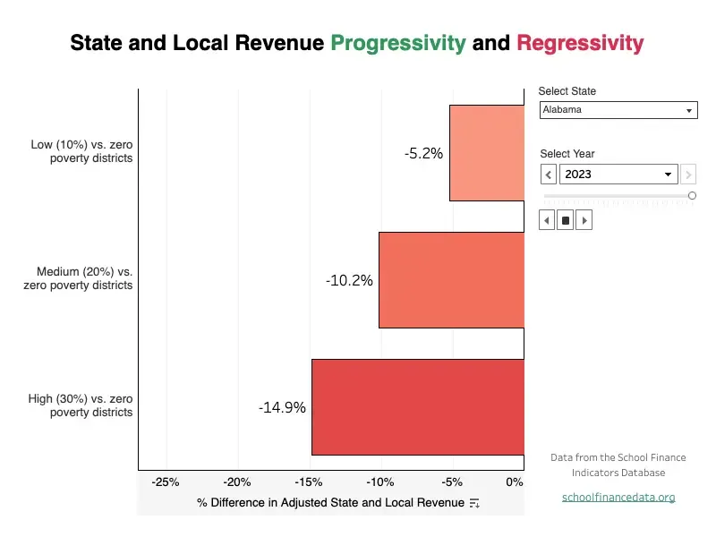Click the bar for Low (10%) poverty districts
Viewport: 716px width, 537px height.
pyautogui.click(x=486, y=153)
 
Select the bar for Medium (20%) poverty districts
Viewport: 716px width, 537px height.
pyautogui.click(x=451, y=279)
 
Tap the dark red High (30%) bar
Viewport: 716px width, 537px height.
pyautogui.click(x=417, y=407)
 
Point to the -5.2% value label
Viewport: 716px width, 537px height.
pyautogui.click(x=423, y=153)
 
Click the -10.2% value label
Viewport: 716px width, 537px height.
pyautogui.click(x=349, y=280)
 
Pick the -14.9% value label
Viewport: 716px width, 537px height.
pyautogui.click(x=282, y=407)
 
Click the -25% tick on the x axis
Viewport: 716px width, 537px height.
pyautogui.click(x=166, y=482)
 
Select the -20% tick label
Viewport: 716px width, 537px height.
pyautogui.click(x=237, y=482)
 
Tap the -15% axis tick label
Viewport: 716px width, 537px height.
pyautogui.click(x=309, y=482)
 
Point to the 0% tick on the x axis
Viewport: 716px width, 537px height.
pyautogui.click(x=515, y=482)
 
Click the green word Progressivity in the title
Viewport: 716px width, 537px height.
pyautogui.click(x=397, y=42)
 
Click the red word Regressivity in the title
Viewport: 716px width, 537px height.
pyautogui.click(x=580, y=42)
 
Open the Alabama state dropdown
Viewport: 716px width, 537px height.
pyautogui.click(x=618, y=110)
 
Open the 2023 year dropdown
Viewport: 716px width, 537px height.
pyautogui.click(x=618, y=175)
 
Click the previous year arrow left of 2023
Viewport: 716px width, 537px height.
pyautogui.click(x=548, y=175)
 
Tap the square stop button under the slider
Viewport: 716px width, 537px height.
pyautogui.click(x=566, y=220)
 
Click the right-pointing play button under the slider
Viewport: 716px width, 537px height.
pyautogui.click(x=584, y=220)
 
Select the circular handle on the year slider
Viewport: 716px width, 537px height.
pyautogui.click(x=692, y=195)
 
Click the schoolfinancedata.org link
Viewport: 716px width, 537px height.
pyautogui.click(x=618, y=497)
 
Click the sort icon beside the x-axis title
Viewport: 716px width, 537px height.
pyautogui.click(x=474, y=503)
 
